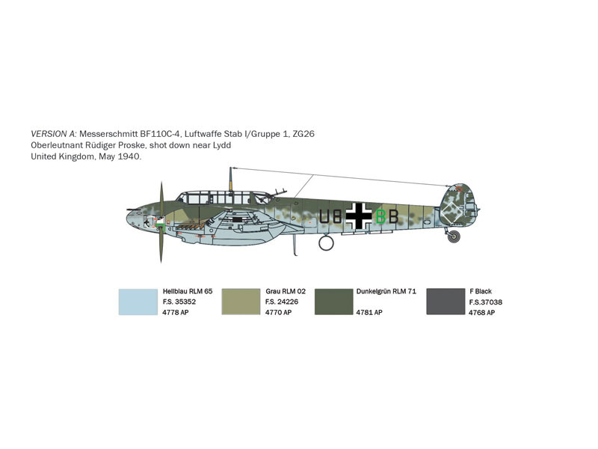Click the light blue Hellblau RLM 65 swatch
(138, 302)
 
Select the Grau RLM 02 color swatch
(241, 302)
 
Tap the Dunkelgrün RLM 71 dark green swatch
(333, 302)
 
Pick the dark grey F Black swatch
(446, 302)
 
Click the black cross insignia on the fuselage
(359, 216)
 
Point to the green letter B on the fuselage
(380, 216)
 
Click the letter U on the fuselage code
(324, 216)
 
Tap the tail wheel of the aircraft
(454, 236)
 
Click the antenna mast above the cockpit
(230, 179)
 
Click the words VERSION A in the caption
(54, 134)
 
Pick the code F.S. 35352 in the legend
(179, 302)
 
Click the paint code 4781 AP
(369, 312)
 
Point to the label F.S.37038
(485, 302)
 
